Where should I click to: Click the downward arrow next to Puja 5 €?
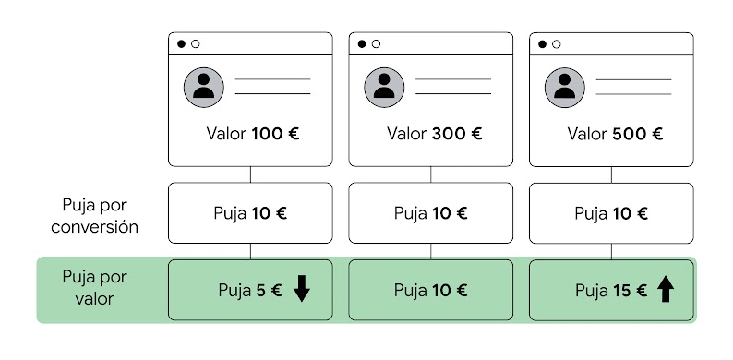click(x=302, y=290)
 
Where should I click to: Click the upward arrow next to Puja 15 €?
click(x=666, y=290)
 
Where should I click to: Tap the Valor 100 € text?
click(x=253, y=133)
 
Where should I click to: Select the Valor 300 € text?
click(x=434, y=133)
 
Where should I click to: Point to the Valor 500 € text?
click(x=615, y=133)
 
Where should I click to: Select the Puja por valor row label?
click(x=94, y=288)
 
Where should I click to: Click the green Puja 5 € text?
click(x=249, y=290)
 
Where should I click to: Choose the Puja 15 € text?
click(x=610, y=290)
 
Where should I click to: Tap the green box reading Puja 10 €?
click(x=430, y=290)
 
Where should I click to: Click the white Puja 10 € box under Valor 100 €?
click(x=250, y=213)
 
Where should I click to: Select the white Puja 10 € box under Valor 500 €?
click(x=611, y=213)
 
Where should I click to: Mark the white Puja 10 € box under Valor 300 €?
click(x=430, y=213)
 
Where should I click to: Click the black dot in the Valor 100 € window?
click(x=181, y=43)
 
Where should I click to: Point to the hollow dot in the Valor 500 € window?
click(x=556, y=43)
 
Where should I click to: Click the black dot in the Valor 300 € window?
click(x=362, y=43)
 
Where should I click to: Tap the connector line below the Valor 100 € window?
click(x=250, y=174)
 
